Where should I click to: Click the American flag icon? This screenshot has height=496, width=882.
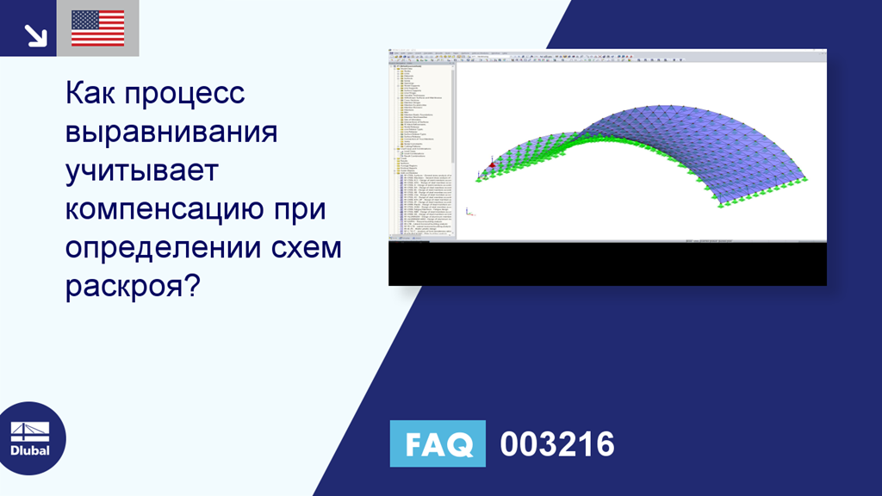pyautogui.click(x=97, y=28)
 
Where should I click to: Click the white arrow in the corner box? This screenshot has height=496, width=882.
pyautogui.click(x=34, y=34)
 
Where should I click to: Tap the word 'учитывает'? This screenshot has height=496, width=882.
pyautogui.click(x=142, y=170)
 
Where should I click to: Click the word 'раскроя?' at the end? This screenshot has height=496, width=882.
pyautogui.click(x=132, y=287)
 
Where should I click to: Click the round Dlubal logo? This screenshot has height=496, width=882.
pyautogui.click(x=33, y=437)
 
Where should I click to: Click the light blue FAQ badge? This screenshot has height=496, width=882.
pyautogui.click(x=438, y=443)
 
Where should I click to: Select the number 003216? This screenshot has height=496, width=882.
pyautogui.click(x=557, y=444)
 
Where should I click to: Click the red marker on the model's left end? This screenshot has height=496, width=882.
pyautogui.click(x=492, y=165)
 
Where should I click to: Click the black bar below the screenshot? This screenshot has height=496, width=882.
pyautogui.click(x=607, y=265)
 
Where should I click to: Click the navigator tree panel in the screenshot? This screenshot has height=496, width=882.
pyautogui.click(x=421, y=146)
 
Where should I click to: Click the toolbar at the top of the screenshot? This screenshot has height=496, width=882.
pyautogui.click(x=607, y=58)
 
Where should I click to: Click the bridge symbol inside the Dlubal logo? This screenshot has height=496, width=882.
pyautogui.click(x=29, y=431)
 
